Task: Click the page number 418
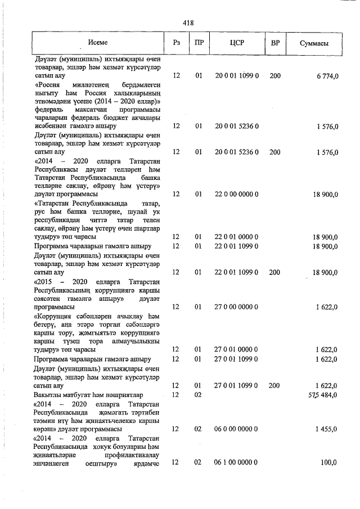(x=188, y=22)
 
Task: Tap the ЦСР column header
(x=236, y=43)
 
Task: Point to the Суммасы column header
(x=314, y=43)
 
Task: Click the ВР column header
(x=275, y=43)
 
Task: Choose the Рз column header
(x=177, y=43)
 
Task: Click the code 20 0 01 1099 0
(x=236, y=75)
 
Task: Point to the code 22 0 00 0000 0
(x=236, y=194)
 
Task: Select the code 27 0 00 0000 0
(x=236, y=307)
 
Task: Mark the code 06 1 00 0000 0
(x=236, y=462)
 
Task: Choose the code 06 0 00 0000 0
(x=236, y=429)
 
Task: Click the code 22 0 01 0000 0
(x=236, y=237)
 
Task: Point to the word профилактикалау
(x=130, y=454)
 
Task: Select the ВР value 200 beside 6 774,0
(x=275, y=75)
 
